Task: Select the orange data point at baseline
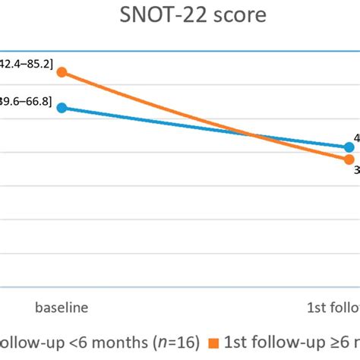(62, 72)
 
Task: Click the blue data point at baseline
(62, 108)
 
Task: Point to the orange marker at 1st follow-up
(349, 159)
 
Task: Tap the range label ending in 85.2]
(26, 65)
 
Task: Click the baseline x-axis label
(62, 308)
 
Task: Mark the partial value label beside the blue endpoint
(355, 138)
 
